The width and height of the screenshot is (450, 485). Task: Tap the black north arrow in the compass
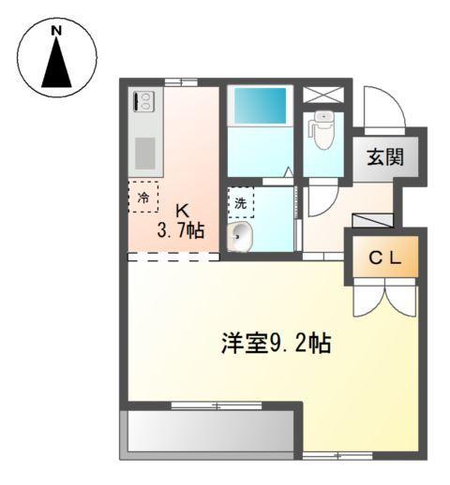point(56,65)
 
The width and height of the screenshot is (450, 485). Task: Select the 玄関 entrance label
point(384,156)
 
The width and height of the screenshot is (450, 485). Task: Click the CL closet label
point(384,259)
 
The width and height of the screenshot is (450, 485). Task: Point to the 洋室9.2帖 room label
point(276,343)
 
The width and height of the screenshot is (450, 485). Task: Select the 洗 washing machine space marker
point(240,202)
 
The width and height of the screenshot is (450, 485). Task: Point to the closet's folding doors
point(383,298)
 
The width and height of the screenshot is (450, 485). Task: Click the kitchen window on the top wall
point(175,83)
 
